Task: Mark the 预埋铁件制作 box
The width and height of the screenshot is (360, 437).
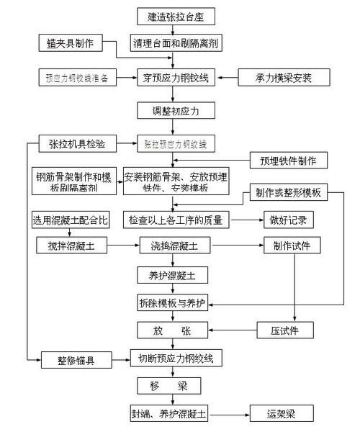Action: (289, 160)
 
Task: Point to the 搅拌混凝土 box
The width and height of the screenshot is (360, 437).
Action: (71, 246)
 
